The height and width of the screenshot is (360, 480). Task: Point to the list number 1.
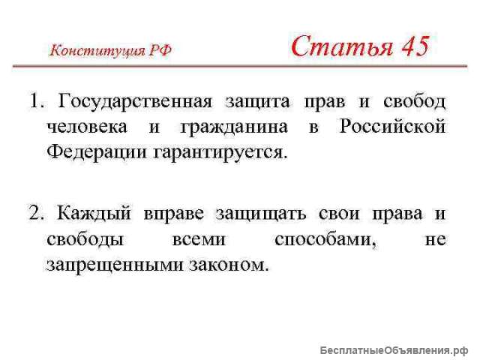tap(36, 100)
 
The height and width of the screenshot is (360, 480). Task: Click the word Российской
tap(392, 126)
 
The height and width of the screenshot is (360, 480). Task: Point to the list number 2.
tap(36, 213)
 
